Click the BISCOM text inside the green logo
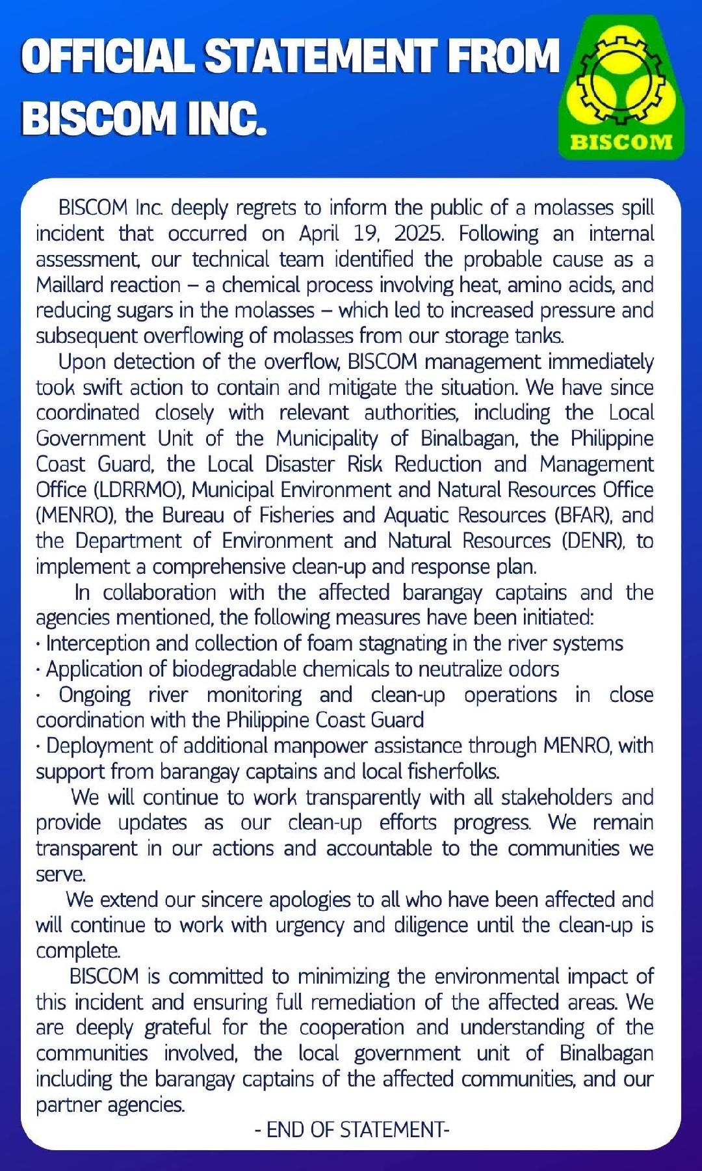pos(621,142)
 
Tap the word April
pos(320,234)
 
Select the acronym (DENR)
pos(591,541)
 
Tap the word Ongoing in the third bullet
pos(95,695)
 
